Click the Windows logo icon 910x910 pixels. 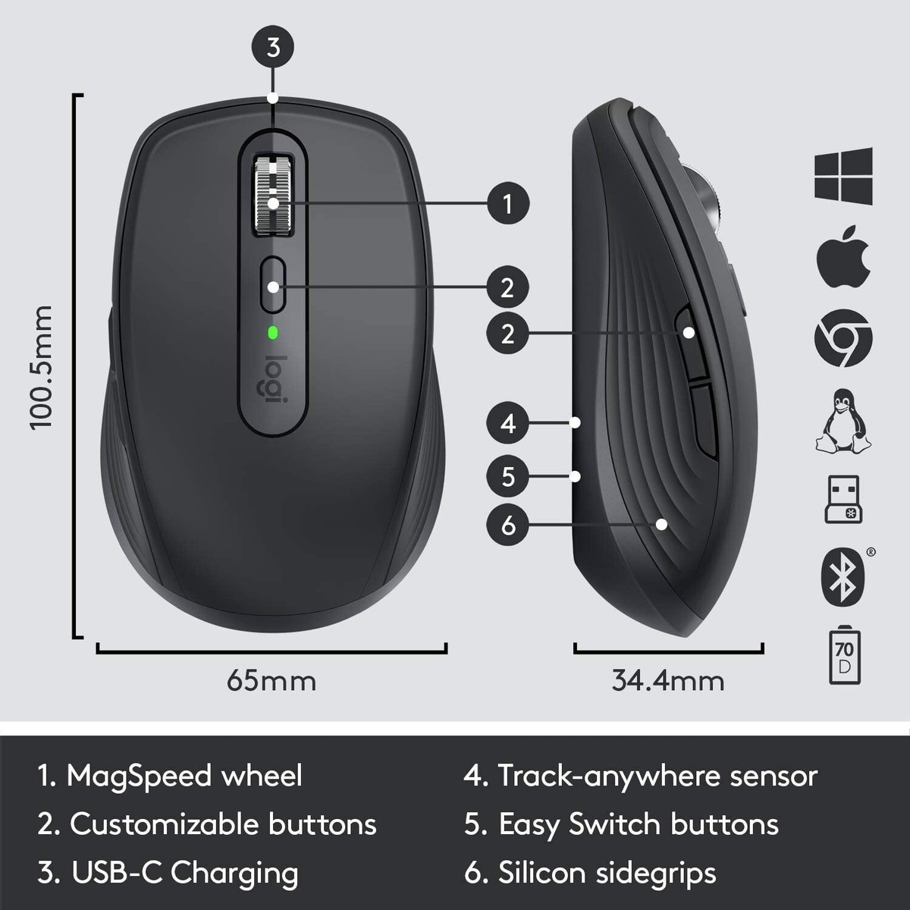[x=843, y=176]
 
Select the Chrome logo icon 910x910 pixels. [x=843, y=338]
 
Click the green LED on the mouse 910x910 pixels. [x=272, y=332]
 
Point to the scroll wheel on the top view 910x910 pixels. [x=273, y=195]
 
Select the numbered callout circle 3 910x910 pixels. [x=274, y=47]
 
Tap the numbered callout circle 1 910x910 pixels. [x=507, y=203]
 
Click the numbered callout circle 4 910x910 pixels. [x=507, y=422]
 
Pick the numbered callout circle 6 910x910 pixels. [x=507, y=524]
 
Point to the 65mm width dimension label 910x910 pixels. [x=271, y=680]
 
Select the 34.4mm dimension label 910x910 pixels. [x=667, y=680]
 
